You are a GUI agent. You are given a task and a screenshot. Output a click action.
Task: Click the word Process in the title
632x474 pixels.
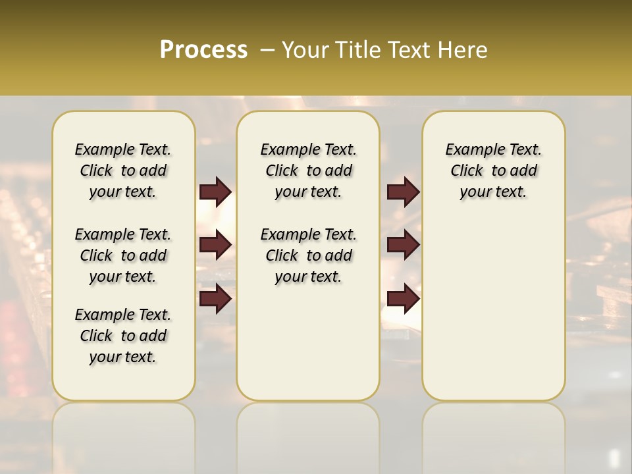(203, 50)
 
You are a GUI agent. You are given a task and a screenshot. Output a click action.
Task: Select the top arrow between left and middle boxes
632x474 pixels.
(215, 192)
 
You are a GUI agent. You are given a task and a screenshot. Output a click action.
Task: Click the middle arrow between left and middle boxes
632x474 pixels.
(215, 245)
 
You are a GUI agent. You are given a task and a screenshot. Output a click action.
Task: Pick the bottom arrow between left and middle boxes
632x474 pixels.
(215, 298)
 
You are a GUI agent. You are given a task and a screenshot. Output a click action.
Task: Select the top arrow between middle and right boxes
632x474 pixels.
(403, 192)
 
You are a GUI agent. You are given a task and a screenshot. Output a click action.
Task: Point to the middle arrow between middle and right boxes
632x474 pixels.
(403, 245)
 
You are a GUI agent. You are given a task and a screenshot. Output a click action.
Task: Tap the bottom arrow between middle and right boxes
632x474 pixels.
(403, 298)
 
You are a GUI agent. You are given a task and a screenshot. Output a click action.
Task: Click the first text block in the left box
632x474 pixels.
(123, 171)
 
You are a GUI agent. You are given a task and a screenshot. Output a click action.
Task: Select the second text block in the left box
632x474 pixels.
(123, 255)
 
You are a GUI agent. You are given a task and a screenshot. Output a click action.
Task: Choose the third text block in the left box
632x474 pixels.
(123, 336)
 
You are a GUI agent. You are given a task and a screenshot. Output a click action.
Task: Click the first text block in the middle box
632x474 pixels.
(308, 171)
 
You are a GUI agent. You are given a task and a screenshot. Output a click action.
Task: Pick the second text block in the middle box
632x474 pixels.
(308, 255)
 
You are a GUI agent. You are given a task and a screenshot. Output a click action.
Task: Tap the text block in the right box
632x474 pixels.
(493, 171)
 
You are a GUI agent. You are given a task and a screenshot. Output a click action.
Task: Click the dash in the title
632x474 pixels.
(267, 50)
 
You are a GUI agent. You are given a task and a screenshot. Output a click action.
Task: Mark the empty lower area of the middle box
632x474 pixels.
(308, 342)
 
